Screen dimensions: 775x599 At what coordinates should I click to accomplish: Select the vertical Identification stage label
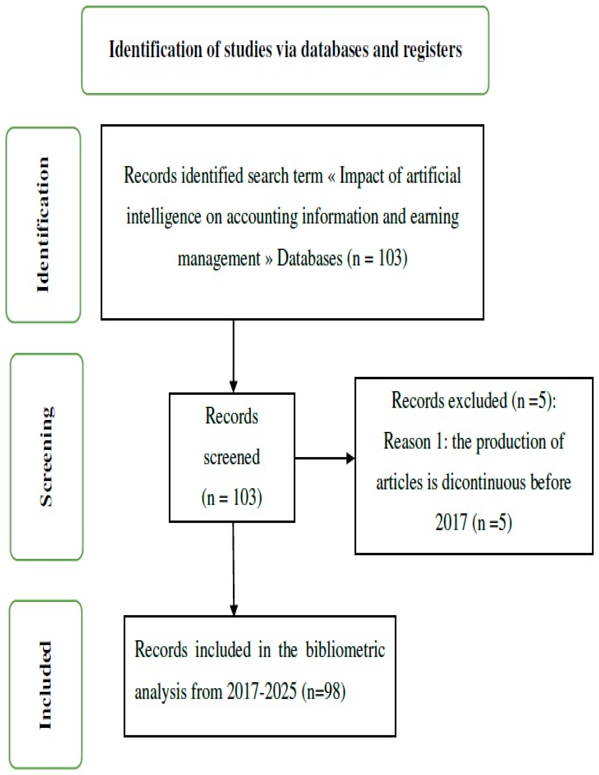43,224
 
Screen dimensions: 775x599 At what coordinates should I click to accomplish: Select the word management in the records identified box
219,259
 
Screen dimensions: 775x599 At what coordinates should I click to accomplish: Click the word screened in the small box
231,457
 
